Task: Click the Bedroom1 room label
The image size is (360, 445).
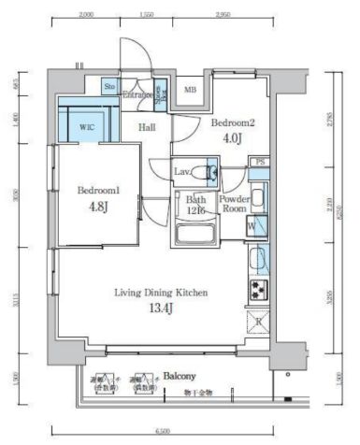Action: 95,191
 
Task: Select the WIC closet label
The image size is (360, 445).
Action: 87,127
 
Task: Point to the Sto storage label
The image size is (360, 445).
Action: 109,87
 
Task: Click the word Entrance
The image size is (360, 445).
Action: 138,95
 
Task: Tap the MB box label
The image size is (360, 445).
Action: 190,90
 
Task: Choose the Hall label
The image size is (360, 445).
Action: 148,127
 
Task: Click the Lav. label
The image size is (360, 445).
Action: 182,171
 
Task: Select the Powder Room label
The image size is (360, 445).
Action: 232,204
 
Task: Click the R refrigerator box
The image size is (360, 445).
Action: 259,321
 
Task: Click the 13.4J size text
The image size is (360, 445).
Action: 161,309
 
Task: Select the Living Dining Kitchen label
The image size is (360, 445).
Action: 161,293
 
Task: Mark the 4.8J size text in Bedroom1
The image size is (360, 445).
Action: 95,207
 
